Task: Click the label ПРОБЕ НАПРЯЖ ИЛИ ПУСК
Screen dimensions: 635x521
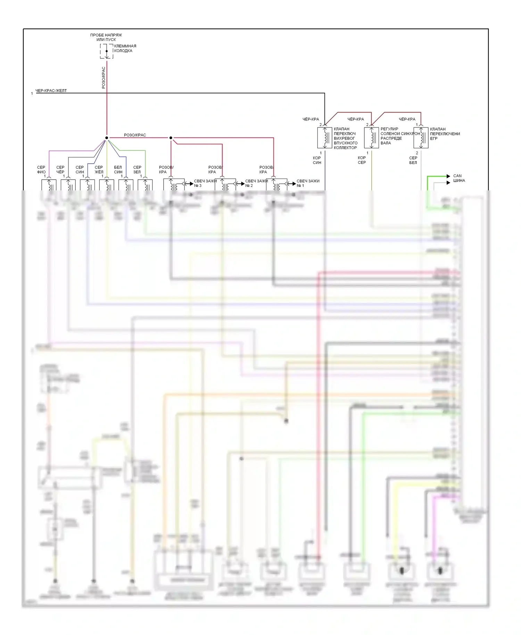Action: pos(106,37)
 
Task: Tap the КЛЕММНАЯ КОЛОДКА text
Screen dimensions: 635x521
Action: pos(125,48)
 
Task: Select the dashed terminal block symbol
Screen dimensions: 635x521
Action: pos(107,51)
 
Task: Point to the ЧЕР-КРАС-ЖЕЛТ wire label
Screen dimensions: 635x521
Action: pos(51,91)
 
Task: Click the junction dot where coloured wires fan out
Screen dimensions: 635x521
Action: pos(107,138)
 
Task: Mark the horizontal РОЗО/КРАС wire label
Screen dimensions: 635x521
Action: pos(135,135)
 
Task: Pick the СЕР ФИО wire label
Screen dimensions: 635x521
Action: pos(41,170)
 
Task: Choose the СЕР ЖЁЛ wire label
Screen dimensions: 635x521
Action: pos(99,170)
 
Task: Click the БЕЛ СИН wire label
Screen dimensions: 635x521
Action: pos(118,170)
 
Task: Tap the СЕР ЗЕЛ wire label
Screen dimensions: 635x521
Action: pos(137,170)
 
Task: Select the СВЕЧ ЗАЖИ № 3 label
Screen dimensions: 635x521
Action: pos(205,183)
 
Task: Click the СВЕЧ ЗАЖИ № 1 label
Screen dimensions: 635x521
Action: pos(308,183)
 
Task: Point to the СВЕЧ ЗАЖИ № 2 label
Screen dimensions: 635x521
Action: pos(256,183)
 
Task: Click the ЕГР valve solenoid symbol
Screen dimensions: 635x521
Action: pos(421,138)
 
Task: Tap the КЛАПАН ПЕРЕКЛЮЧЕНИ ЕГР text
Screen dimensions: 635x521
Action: pos(445,134)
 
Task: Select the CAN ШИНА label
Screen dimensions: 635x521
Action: pos(459,178)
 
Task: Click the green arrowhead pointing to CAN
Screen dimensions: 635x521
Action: pos(448,176)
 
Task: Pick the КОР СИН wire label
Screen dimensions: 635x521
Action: pos(317,160)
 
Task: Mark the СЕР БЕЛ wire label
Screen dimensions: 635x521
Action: pos(413,160)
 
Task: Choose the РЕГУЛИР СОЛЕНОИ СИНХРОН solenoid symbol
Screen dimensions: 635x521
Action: pos(371,138)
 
